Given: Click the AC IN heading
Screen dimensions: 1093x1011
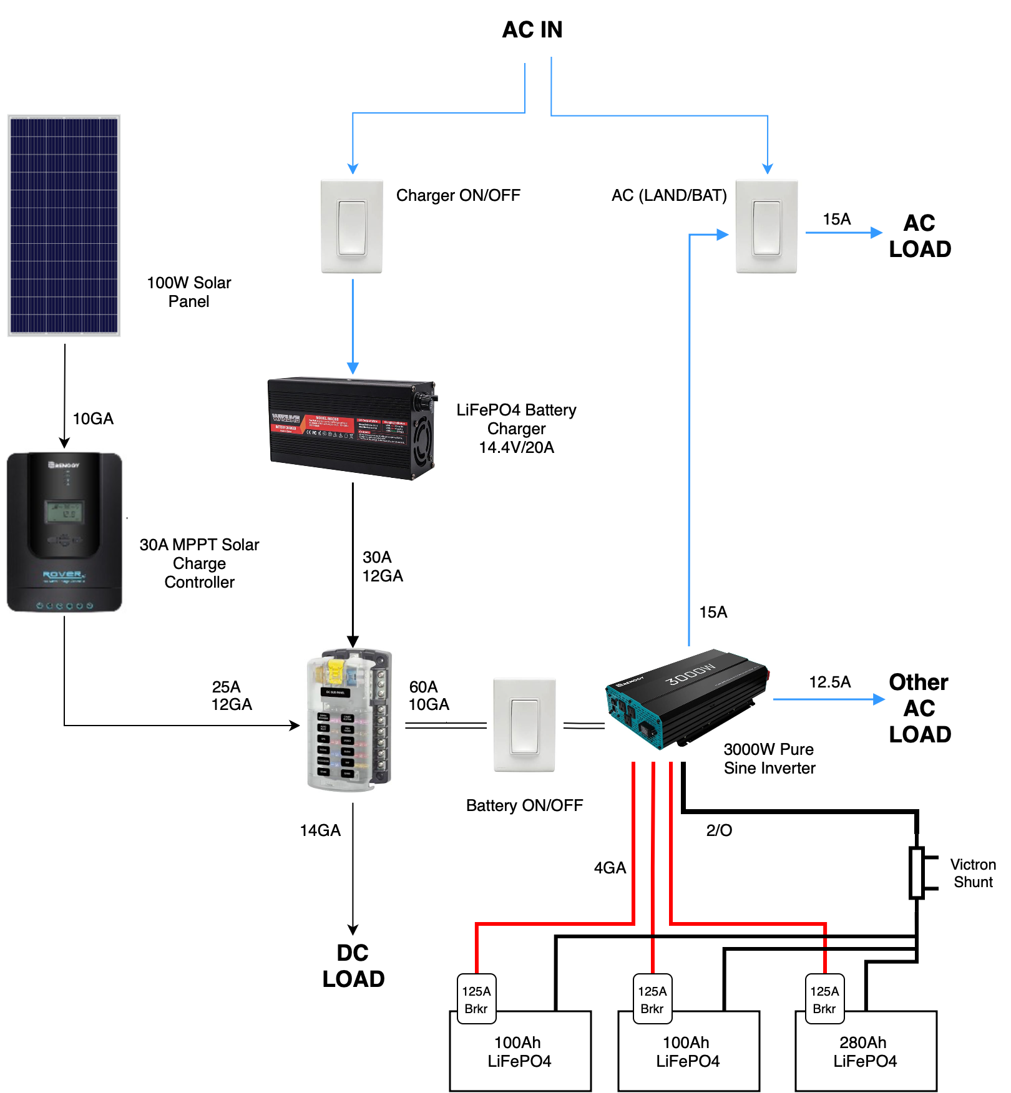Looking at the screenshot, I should pos(532,30).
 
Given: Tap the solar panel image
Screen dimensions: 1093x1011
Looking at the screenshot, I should pos(64,225).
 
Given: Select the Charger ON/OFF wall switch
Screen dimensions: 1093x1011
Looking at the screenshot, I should pos(352,226).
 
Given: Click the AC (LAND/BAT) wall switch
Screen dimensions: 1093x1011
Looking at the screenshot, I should pos(766,226).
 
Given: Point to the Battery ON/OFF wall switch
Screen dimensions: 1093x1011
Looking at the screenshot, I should pos(524,725).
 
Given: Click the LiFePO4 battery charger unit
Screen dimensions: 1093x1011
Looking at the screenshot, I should pos(352,428).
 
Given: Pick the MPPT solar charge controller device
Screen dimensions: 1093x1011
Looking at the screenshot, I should pos(64,532).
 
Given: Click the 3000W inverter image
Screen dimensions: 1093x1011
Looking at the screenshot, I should pos(686,699).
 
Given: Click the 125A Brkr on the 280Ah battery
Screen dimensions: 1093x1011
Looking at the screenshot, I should pos(824,999).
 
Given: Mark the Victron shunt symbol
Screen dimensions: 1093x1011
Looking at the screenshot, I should pos(917,873).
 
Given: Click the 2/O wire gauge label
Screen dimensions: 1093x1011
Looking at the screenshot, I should pos(719,830).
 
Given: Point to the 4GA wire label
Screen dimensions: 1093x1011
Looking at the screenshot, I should pos(610,868).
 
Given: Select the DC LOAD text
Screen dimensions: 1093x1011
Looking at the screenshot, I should pos(353,966).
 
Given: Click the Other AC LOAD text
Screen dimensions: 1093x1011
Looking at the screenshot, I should pos(920,708).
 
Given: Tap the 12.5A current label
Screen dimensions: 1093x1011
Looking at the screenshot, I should pos(830,682).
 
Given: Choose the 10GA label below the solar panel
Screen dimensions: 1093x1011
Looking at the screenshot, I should pos(93,419).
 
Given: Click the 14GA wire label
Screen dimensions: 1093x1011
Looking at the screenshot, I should pos(320,830).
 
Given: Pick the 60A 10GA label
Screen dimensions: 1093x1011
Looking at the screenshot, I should pos(429,696).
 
